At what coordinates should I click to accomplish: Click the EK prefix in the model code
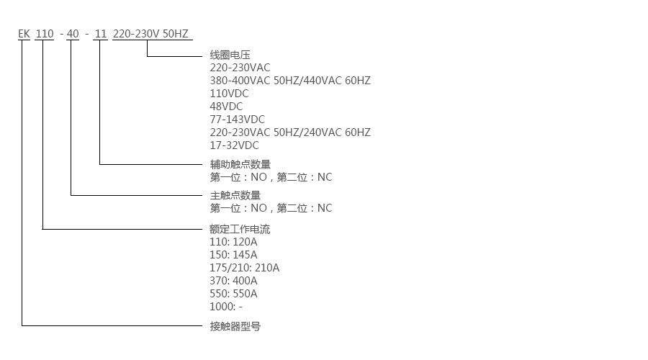click(x=24, y=33)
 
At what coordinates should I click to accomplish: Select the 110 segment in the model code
click(x=45, y=33)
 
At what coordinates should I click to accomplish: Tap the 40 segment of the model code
click(x=73, y=33)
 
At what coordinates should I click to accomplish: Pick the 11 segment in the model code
click(x=100, y=33)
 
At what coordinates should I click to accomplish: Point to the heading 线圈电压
click(x=230, y=55)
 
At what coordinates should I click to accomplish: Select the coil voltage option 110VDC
click(x=230, y=94)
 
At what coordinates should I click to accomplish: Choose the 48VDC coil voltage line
click(x=226, y=107)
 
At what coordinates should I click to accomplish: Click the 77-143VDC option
click(x=237, y=120)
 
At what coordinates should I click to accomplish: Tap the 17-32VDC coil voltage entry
click(x=234, y=145)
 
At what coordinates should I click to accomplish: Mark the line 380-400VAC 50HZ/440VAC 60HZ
click(x=289, y=81)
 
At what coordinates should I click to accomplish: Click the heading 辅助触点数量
click(x=240, y=164)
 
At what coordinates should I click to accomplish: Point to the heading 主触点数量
click(x=235, y=195)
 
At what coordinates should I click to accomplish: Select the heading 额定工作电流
click(x=240, y=230)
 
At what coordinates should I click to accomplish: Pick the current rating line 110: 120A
click(x=233, y=242)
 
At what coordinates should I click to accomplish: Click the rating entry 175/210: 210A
click(x=244, y=268)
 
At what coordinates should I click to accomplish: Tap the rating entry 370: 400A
click(x=233, y=281)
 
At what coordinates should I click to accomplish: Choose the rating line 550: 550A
click(x=233, y=294)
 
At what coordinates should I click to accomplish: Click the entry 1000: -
click(x=226, y=307)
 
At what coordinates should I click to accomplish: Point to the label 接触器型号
click(x=235, y=326)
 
